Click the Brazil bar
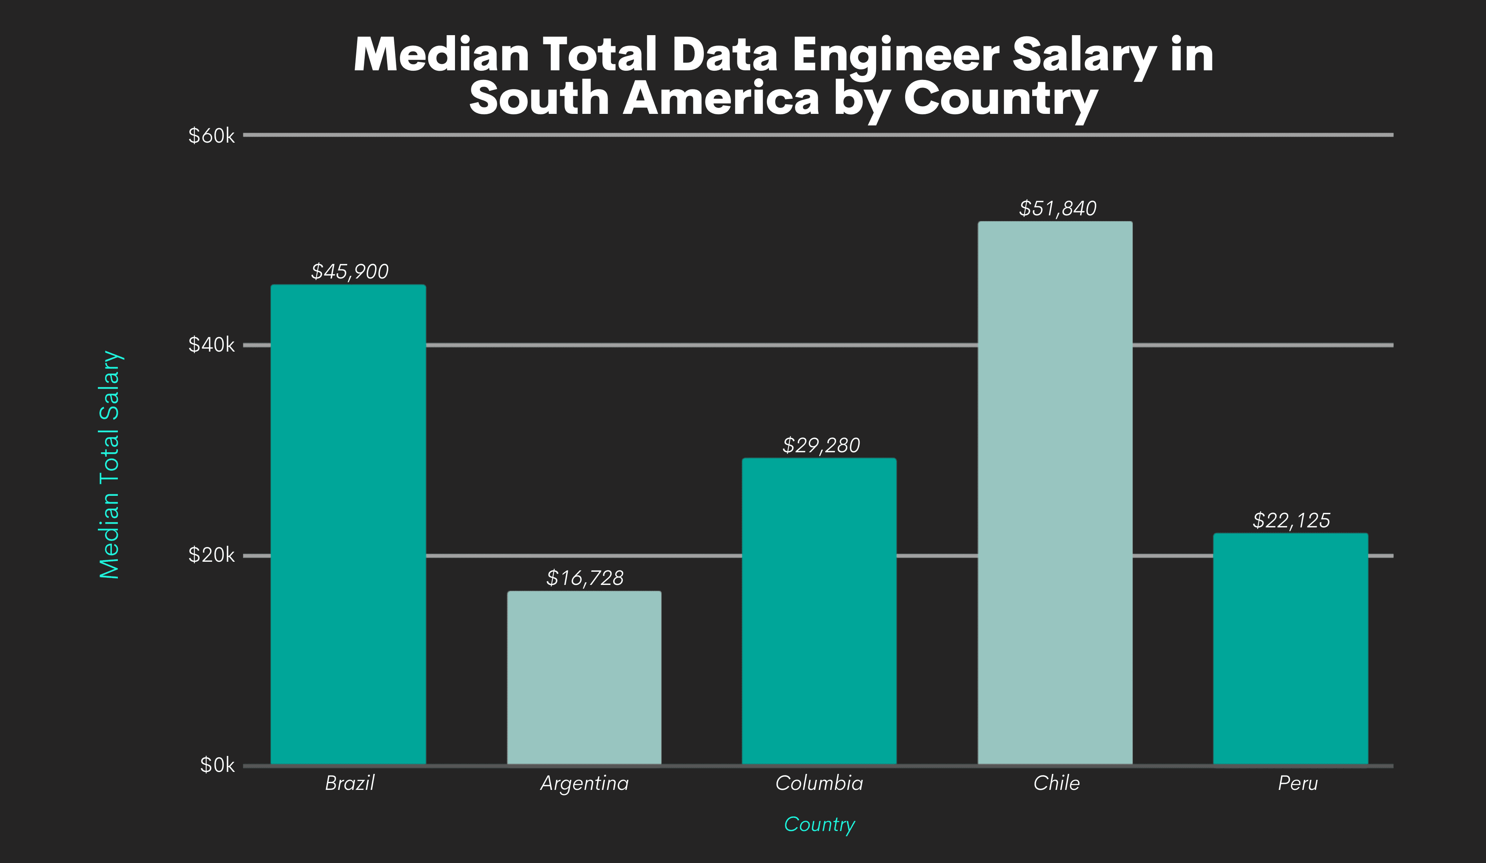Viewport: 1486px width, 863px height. [348, 525]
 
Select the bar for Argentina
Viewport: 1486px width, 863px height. [584, 678]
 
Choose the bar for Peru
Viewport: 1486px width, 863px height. [1290, 649]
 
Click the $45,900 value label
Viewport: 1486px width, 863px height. [350, 271]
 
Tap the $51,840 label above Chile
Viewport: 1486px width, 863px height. [1057, 208]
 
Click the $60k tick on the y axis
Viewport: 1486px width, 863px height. [211, 136]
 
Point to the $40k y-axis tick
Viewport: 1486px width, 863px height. [211, 345]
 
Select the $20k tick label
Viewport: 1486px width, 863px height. [211, 555]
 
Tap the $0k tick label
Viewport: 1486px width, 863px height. [217, 766]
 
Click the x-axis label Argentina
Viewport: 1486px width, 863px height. [584, 783]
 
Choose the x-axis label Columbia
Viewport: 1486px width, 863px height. [819, 783]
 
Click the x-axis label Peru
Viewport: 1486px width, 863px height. [1297, 783]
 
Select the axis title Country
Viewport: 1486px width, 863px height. [819, 825]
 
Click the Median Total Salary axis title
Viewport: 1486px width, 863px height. [110, 465]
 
